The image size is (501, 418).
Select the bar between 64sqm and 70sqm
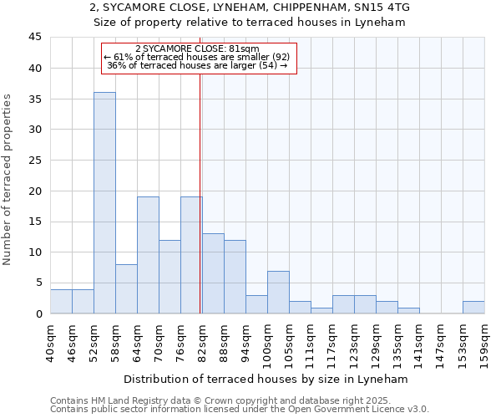click(x=148, y=255)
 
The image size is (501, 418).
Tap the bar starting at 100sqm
click(x=278, y=292)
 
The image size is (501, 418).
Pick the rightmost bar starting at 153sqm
click(x=473, y=307)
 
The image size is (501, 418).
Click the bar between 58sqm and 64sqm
click(x=126, y=288)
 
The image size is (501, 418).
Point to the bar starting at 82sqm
click(x=213, y=273)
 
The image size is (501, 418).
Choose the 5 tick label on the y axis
click(x=38, y=283)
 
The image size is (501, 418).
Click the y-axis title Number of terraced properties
click(x=8, y=179)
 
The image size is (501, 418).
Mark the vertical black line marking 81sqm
click(x=200, y=209)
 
